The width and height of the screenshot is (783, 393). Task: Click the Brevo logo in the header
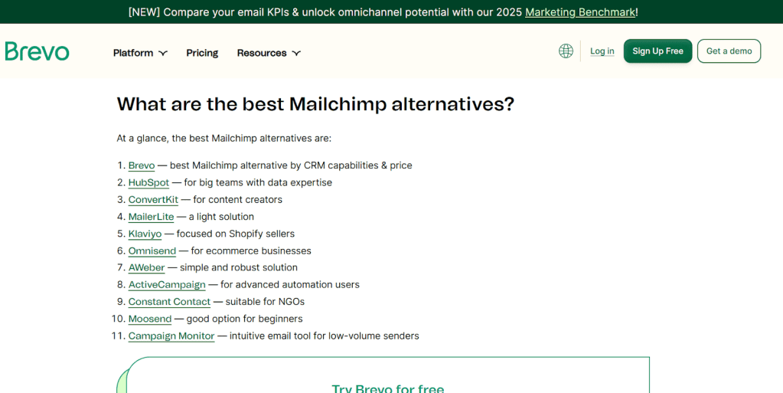pos(37,51)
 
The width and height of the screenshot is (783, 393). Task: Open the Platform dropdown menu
pos(140,53)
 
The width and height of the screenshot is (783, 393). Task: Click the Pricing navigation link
pos(202,53)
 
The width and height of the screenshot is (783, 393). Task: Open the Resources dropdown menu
pos(269,53)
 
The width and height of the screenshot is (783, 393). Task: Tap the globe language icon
pos(566,51)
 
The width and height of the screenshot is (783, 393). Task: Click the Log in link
pos(602,51)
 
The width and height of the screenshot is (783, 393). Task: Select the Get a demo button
pos(729,51)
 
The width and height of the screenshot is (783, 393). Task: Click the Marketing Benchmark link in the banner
pos(579,12)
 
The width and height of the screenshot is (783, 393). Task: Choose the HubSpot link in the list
pos(148,182)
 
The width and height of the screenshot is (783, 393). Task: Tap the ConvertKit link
pos(153,199)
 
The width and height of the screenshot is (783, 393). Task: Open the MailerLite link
pos(151,217)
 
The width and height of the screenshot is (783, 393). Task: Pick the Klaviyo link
pos(145,234)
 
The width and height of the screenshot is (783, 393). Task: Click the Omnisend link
pos(152,251)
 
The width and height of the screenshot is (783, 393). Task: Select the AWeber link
pos(146,267)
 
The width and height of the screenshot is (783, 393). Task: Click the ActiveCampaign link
pos(167,284)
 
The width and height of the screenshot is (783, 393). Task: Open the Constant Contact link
pos(169,302)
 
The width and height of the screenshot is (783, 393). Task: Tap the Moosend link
pos(150,319)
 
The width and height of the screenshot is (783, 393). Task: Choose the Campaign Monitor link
pos(171,336)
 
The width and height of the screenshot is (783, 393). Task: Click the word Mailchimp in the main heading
pos(338,104)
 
